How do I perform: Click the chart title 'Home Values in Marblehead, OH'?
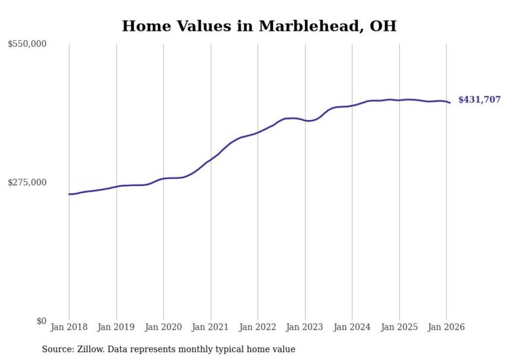(x=259, y=26)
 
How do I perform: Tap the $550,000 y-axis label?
(x=27, y=44)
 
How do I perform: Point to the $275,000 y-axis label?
(x=27, y=182)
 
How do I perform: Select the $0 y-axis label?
(x=40, y=321)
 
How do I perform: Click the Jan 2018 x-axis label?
(x=69, y=327)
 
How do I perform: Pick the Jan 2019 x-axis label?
(x=116, y=327)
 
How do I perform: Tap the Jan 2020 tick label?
(x=163, y=327)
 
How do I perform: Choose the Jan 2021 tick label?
(x=211, y=327)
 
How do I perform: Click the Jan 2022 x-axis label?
(x=258, y=327)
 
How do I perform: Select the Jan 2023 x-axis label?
(x=305, y=327)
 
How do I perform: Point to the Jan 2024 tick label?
(x=352, y=327)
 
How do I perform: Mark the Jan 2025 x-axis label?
(x=399, y=327)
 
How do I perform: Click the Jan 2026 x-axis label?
(x=446, y=327)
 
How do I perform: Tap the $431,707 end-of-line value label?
(x=479, y=100)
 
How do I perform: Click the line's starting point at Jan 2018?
(x=69, y=194)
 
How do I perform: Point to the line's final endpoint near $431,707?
(x=450, y=103)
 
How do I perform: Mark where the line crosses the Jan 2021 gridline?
(x=211, y=159)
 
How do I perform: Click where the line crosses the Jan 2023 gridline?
(x=305, y=121)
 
